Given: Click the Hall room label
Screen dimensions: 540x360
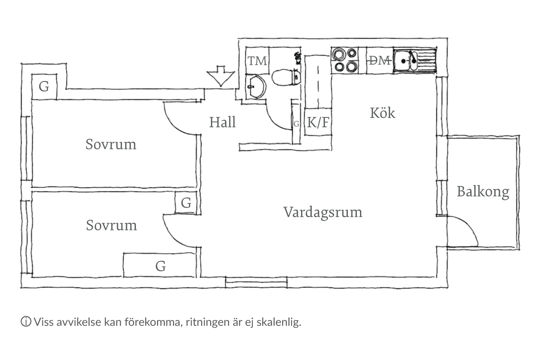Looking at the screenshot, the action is tap(222, 122).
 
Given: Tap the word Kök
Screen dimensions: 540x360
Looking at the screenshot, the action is tap(382, 113).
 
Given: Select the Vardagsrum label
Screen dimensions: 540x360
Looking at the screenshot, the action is tap(323, 212).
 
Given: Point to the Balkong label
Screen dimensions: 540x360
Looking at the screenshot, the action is tap(483, 192).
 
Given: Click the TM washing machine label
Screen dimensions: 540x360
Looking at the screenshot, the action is tap(257, 61).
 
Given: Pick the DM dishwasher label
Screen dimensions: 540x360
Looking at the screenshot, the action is tap(379, 61).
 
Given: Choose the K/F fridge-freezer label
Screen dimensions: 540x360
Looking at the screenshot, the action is tap(318, 122).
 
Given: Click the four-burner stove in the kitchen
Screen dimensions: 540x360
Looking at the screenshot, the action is tap(345, 61).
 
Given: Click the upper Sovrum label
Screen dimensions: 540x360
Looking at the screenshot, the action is tap(111, 145).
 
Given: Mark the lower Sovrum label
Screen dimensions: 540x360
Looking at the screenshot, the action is tap(111, 225).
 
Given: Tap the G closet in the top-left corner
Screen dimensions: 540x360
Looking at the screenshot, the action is tap(44, 86).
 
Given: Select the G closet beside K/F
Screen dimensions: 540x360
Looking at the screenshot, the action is tap(296, 123).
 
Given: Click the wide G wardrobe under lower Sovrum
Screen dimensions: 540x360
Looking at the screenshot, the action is tap(160, 266).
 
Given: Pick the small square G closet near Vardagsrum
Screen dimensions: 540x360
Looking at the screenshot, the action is tap(186, 203).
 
